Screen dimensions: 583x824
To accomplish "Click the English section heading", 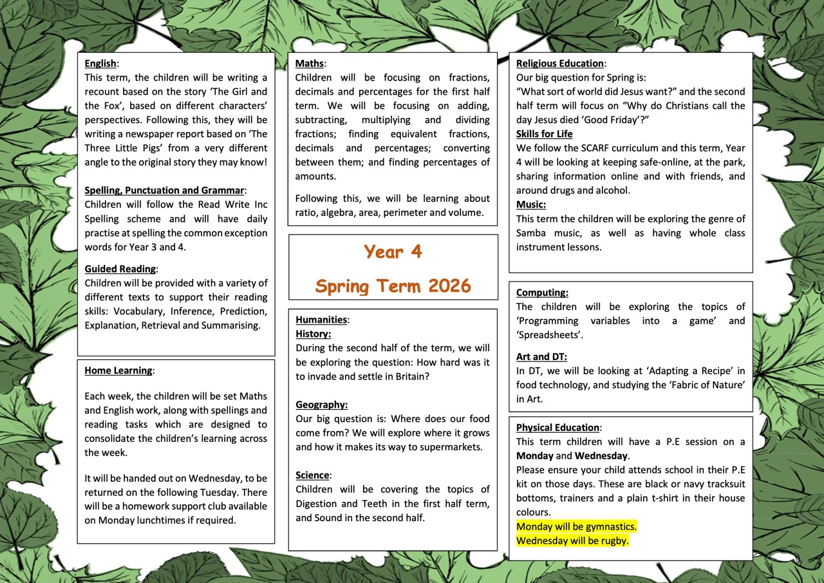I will tap(101, 63).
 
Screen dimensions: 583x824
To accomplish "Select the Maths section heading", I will tap(310, 63).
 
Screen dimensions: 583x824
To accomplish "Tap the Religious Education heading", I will tap(559, 63).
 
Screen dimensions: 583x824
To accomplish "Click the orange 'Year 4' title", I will tap(393, 251).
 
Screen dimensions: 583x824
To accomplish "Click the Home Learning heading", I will tap(118, 370).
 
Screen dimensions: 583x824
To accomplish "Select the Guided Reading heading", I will tap(120, 269).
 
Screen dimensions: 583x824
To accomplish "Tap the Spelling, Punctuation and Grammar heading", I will tap(165, 190).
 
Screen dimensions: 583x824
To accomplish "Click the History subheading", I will tap(313, 334).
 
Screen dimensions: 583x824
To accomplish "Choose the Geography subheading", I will tap(321, 405).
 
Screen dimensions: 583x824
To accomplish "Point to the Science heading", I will tap(312, 475).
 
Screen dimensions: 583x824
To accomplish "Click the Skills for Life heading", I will tap(544, 134).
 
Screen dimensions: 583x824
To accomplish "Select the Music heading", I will tap(530, 204).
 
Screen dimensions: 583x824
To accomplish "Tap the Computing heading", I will tap(542, 292).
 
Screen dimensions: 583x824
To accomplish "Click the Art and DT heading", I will tap(541, 356).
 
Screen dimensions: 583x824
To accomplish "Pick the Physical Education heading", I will tap(557, 427).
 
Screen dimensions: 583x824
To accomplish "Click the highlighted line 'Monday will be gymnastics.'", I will tap(576, 526).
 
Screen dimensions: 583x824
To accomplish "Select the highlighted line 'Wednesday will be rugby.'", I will tap(572, 540).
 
